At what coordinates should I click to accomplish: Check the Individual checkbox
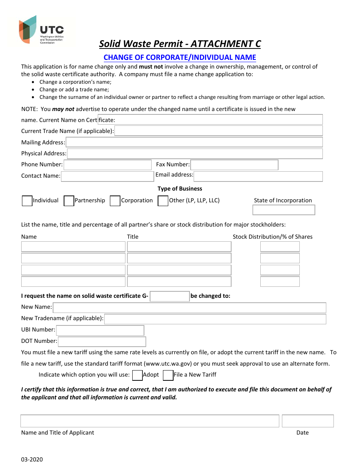(27, 201)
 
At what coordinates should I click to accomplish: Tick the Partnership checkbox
(69, 201)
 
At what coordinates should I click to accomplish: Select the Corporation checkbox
(115, 201)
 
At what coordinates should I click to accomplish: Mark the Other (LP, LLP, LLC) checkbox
(163, 201)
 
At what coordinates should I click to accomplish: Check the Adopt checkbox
(137, 375)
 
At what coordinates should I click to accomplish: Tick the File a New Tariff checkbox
(168, 375)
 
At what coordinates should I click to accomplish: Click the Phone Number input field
(108, 165)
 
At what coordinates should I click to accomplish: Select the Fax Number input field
(234, 165)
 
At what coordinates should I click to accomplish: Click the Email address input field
(258, 176)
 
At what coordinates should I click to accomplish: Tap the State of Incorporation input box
(283, 210)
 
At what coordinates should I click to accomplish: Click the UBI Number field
(100, 330)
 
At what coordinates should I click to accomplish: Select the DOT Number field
(102, 341)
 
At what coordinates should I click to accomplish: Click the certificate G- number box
(169, 296)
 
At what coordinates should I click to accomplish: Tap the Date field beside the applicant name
(308, 421)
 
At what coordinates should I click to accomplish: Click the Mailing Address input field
(194, 142)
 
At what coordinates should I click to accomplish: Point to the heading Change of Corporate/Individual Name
(180, 58)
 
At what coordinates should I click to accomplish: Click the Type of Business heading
(180, 189)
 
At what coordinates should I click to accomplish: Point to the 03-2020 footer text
(32, 460)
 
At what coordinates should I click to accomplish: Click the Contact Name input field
(107, 177)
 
